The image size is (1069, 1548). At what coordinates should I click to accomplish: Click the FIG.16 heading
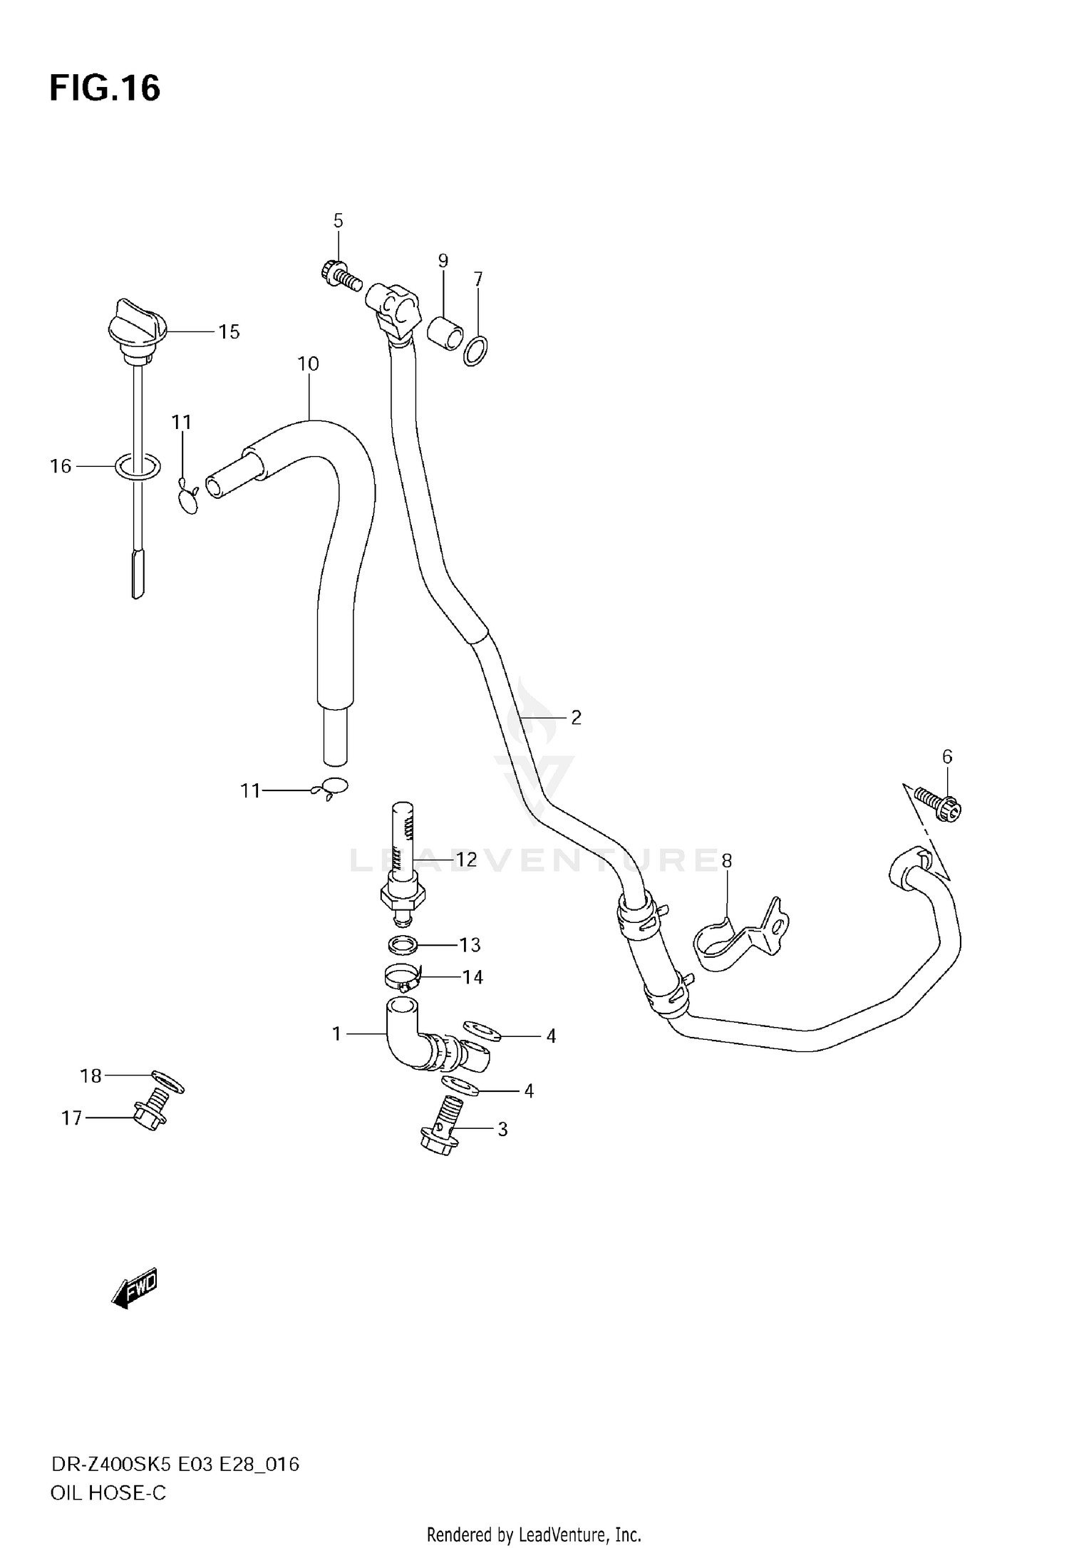[105, 89]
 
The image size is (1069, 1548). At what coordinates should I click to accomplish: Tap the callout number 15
[229, 331]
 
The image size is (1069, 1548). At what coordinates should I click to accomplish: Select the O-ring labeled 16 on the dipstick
[138, 466]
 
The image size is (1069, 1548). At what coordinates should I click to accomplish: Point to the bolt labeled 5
[338, 274]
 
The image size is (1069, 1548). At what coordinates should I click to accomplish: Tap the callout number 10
[308, 364]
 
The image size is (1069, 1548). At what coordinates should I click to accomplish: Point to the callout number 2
[576, 717]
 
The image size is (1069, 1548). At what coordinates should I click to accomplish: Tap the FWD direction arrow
[135, 1289]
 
